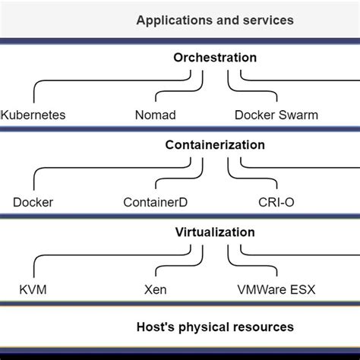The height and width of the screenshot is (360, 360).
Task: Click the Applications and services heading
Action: tap(215, 20)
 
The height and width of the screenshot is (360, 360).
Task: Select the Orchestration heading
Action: tap(215, 58)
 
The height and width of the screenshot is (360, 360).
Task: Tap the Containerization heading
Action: tap(215, 145)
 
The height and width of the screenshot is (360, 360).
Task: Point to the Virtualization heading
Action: tap(215, 232)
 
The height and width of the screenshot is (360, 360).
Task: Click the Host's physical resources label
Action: tap(215, 327)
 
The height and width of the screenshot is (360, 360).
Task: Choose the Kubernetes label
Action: tap(33, 115)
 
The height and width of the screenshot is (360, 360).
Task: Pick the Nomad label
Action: tap(155, 115)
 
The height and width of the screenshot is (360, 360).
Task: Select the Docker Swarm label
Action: tap(275, 115)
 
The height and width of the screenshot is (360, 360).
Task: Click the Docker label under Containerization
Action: tap(33, 203)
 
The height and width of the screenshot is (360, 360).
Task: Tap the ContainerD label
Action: tap(155, 203)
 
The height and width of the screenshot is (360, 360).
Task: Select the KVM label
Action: tap(33, 290)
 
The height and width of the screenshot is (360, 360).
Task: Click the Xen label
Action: tap(155, 290)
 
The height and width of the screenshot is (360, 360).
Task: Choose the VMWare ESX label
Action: tap(275, 290)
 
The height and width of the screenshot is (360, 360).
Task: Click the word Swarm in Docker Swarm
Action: tap(299, 115)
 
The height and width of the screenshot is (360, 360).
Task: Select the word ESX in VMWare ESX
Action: tap(303, 290)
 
